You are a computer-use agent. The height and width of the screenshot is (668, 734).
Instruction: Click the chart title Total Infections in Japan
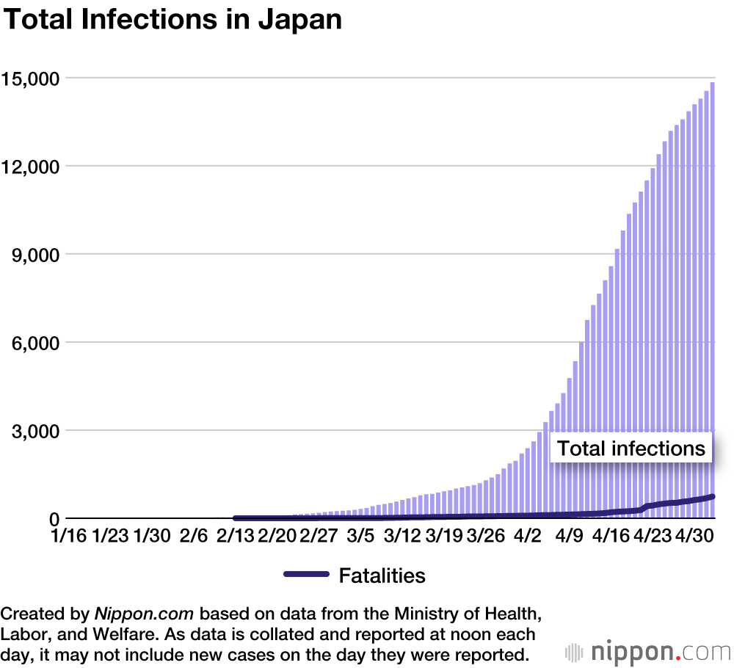point(173,20)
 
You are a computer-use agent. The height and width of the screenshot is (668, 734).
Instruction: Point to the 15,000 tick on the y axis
point(32,78)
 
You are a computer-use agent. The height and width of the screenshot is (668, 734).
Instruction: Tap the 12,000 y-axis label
point(32,166)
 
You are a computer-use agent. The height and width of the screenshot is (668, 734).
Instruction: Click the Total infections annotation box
point(631,449)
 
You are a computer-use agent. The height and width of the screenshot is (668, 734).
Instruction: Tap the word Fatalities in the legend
point(382,576)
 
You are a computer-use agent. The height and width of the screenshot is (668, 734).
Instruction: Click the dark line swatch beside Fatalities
point(306,575)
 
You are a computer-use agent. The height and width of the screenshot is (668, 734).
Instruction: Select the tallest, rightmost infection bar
point(713,294)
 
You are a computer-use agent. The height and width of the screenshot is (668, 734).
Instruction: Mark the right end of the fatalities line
point(713,497)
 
